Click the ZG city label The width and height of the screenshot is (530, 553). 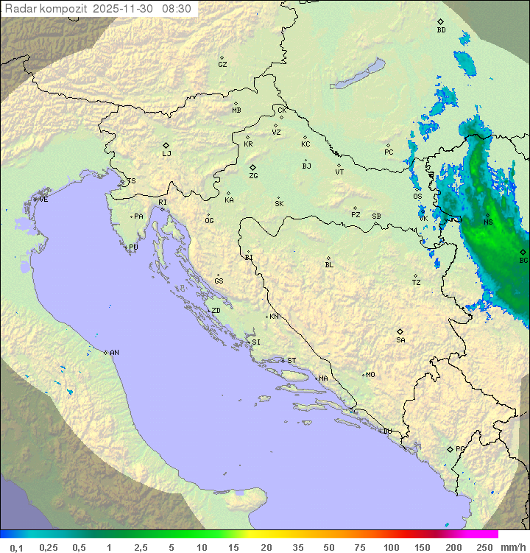pyautogui.click(x=253, y=177)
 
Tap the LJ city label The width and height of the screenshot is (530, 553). pyautogui.click(x=166, y=154)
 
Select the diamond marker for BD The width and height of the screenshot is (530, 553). pyautogui.click(x=440, y=21)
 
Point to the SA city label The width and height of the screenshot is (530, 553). pyautogui.click(x=400, y=340)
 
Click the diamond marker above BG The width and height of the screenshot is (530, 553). pyautogui.click(x=523, y=252)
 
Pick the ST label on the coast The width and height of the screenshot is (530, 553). pyautogui.click(x=291, y=361)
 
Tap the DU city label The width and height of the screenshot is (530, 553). pyautogui.click(x=387, y=432)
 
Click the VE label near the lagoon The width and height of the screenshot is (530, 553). pyautogui.click(x=43, y=200)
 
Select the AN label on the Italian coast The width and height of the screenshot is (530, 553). pyautogui.click(x=114, y=353)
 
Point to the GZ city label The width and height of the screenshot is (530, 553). pyautogui.click(x=222, y=65)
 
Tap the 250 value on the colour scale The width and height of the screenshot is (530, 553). pyautogui.click(x=484, y=547)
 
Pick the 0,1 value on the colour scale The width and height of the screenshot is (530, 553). pyautogui.click(x=17, y=547)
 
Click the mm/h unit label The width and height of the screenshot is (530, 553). pyautogui.click(x=512, y=547)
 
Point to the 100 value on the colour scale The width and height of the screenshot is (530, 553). pyautogui.click(x=391, y=547)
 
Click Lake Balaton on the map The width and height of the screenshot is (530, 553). pyautogui.click(x=358, y=74)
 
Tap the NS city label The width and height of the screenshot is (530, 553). pyautogui.click(x=488, y=222)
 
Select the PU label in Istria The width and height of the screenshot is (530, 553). pyautogui.click(x=133, y=247)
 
